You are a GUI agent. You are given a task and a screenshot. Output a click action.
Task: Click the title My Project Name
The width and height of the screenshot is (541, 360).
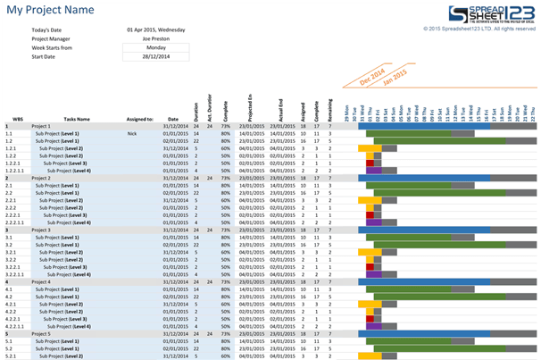point(50,10)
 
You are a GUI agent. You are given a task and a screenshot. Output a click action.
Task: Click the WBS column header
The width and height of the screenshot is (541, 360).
point(17,118)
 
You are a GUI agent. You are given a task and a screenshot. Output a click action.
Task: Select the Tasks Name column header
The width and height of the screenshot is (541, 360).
point(77,118)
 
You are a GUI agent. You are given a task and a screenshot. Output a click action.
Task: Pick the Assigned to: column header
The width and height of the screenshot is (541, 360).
point(139,118)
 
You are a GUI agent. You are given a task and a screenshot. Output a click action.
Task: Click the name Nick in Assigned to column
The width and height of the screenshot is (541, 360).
point(132,134)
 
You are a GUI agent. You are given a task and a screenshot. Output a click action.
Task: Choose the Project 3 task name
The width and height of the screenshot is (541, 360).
point(41,230)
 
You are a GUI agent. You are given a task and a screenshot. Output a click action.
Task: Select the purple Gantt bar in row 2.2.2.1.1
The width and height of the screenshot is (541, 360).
point(374,222)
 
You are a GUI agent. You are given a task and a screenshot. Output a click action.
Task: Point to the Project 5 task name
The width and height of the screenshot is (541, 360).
point(41,333)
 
